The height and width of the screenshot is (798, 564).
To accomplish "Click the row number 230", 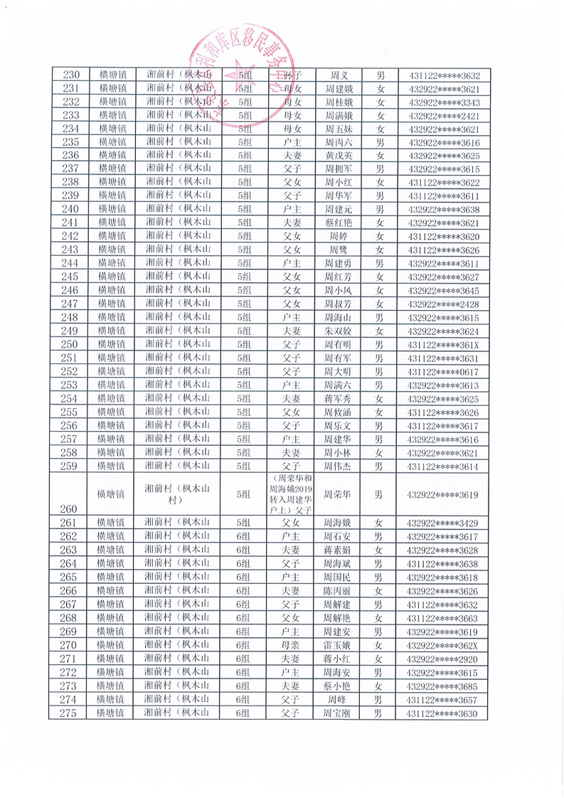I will [71, 75].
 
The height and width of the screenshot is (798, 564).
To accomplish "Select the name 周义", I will [338, 75].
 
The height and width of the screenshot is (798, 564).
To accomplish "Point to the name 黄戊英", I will [338, 156].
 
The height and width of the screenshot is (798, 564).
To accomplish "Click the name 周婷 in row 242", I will [338, 236].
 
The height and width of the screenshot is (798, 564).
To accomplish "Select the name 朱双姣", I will [338, 331].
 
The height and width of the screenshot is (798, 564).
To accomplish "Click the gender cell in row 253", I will [380, 385].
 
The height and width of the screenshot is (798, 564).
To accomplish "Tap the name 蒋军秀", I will [338, 398].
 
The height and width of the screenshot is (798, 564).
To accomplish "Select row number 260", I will [70, 509].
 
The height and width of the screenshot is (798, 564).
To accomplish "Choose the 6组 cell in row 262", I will [244, 536].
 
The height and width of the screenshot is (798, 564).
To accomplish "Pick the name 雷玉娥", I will [338, 645].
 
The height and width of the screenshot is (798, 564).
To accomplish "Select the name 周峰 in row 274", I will [338, 699].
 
